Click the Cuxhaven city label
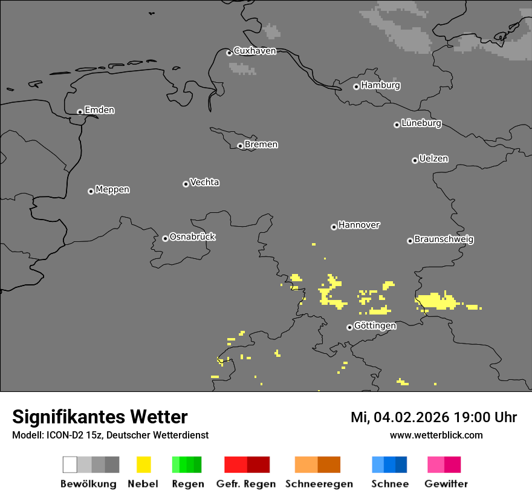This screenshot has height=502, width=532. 255,51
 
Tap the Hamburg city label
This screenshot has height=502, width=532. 380,85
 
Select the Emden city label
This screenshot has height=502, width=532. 99,110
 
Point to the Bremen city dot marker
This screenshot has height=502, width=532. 240,146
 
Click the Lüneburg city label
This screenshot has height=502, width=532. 421,123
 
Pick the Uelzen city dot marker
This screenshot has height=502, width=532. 415,160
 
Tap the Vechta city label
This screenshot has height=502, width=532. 204,182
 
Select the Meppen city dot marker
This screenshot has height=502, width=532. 91,191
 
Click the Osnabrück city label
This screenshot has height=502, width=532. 192,237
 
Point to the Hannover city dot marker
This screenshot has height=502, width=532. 334,227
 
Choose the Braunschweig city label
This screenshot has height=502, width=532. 444,240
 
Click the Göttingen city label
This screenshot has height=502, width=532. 375,326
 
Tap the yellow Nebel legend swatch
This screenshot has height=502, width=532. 143,465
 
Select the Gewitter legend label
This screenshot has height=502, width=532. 446,484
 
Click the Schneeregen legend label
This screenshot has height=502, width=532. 319,484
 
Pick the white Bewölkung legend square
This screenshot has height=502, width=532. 70,465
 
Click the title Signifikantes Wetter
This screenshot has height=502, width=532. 100,417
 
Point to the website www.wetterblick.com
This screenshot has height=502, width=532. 436,435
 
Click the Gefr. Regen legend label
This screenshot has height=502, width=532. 245,484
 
